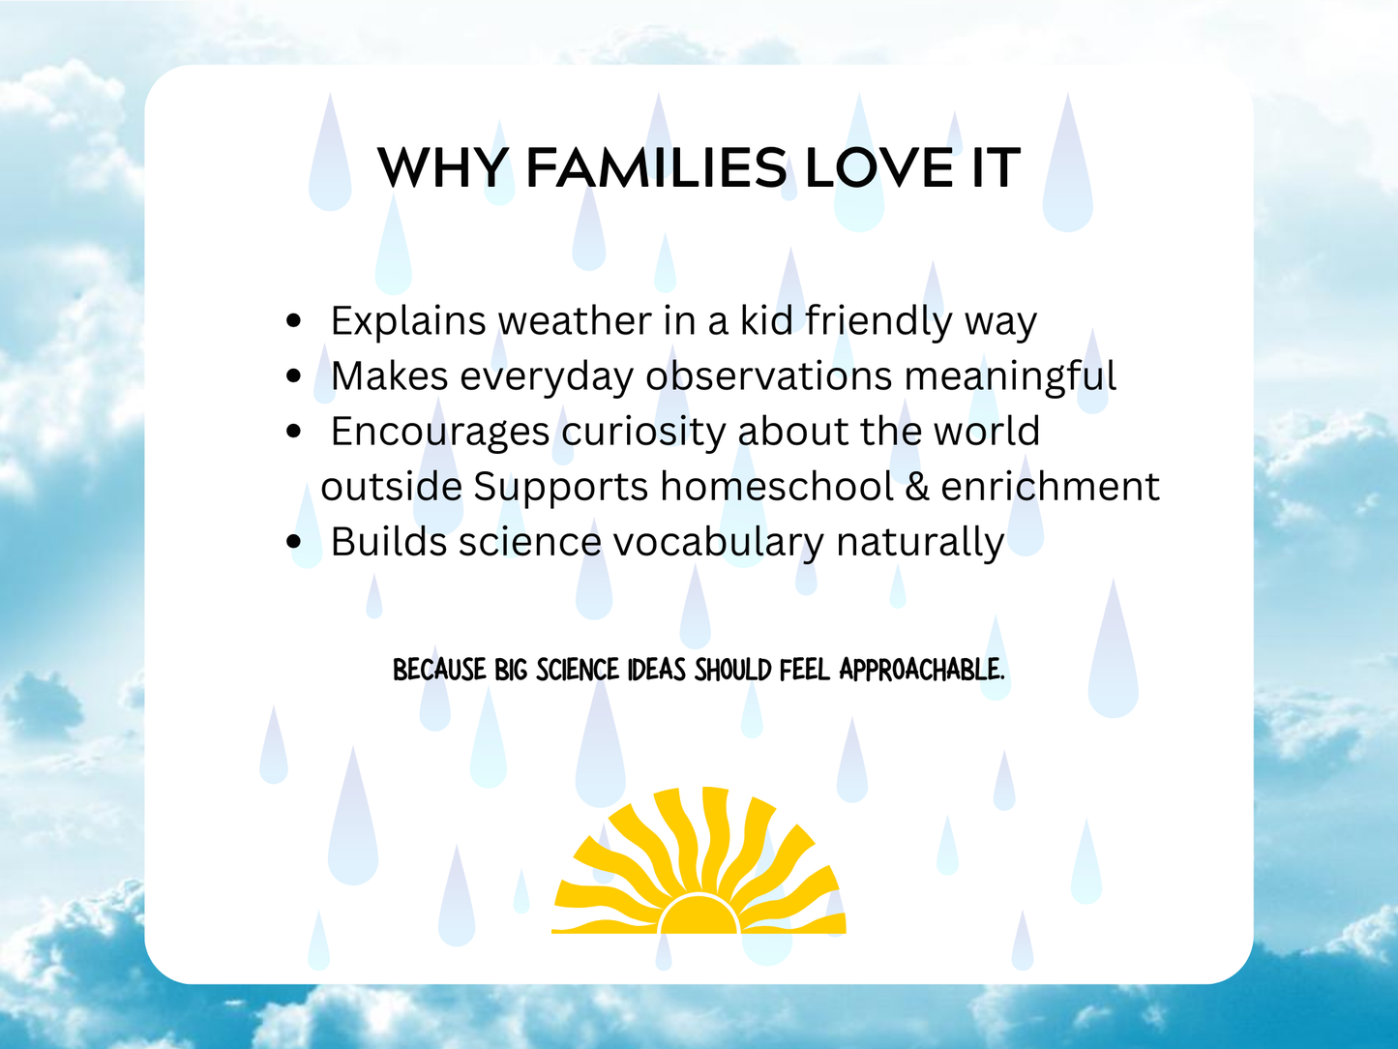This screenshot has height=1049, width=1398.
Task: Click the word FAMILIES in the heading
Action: [x=656, y=168]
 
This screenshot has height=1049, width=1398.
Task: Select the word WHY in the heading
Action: [x=442, y=168]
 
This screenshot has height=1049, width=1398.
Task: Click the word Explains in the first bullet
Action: [x=407, y=321]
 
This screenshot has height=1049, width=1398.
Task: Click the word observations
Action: [x=768, y=376]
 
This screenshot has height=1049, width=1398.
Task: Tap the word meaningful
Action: [x=1010, y=376]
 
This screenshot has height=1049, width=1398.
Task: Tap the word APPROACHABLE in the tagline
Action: [x=922, y=670]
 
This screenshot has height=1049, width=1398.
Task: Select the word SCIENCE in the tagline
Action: [x=577, y=670]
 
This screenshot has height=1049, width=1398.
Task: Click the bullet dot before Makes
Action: [x=295, y=376]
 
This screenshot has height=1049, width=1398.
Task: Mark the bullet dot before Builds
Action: [x=295, y=542]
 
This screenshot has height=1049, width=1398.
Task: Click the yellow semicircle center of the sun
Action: [x=699, y=917]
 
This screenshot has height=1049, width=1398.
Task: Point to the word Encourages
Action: [x=440, y=432]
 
